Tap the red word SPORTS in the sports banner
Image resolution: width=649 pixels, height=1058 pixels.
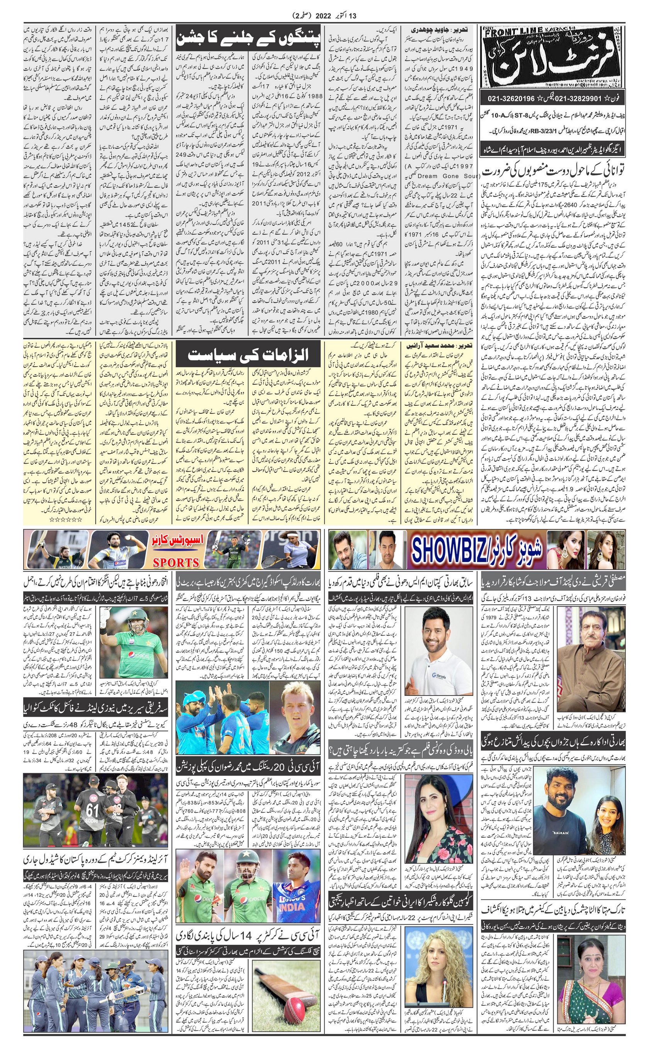[x=176, y=562]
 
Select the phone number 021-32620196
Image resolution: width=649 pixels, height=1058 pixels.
[x=511, y=99]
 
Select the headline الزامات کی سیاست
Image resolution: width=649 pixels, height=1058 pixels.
[x=248, y=356]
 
